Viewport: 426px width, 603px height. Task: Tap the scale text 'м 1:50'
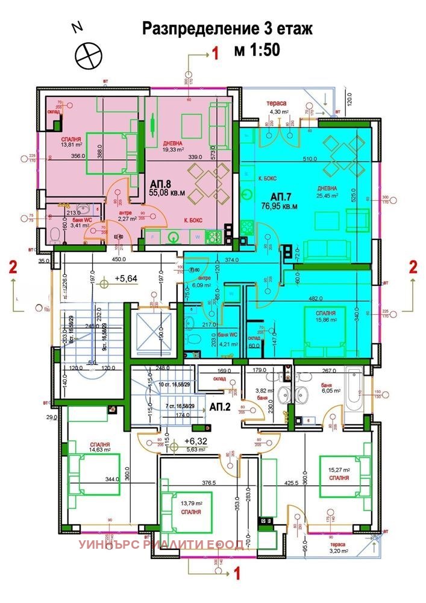coord(258,51)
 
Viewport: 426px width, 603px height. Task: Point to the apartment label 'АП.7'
coord(281,197)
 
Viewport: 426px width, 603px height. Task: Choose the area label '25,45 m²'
coord(328,195)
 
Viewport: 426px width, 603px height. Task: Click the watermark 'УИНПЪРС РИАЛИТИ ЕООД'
coord(161,545)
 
